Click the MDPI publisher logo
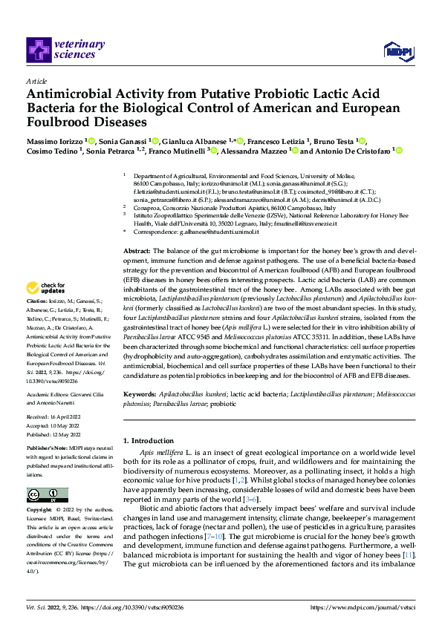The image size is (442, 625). pos(396,50)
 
